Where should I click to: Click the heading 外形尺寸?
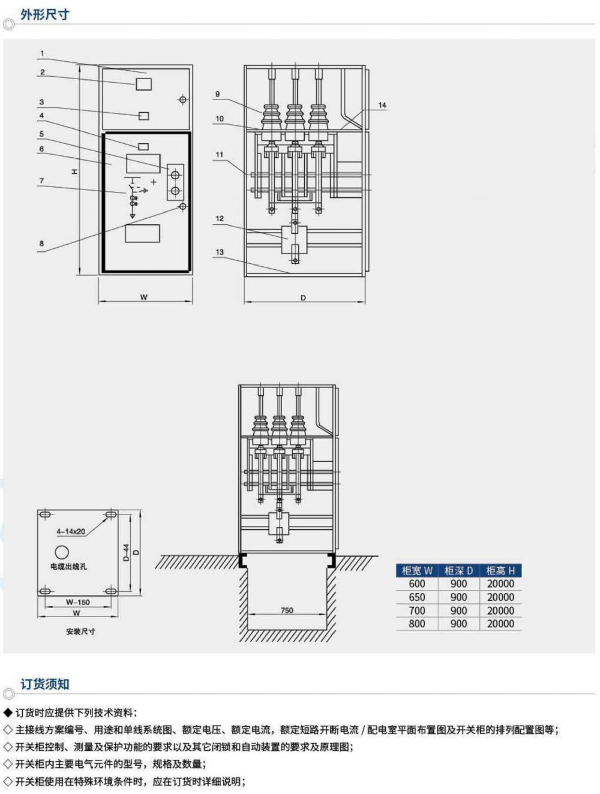click(x=44, y=14)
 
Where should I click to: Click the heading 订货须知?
click(x=44, y=684)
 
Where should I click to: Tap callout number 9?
click(x=217, y=94)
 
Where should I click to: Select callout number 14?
click(x=382, y=106)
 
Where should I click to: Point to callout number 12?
click(x=220, y=218)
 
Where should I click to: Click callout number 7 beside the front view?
click(x=42, y=181)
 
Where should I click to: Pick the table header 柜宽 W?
click(x=417, y=570)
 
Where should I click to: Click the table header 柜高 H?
click(x=500, y=570)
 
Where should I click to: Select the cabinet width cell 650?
click(x=417, y=597)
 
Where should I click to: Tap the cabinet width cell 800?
click(x=417, y=624)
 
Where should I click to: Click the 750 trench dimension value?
click(x=287, y=610)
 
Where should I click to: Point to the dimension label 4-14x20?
click(x=71, y=531)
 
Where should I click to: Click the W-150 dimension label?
click(x=78, y=602)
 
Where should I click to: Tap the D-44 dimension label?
click(x=127, y=552)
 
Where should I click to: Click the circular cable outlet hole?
click(x=62, y=552)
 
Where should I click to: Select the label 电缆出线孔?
click(x=68, y=567)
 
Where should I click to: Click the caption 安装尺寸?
click(x=80, y=631)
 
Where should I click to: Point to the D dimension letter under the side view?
click(x=303, y=297)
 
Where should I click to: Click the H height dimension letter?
click(x=74, y=172)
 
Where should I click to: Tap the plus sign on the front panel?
click(x=154, y=181)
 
